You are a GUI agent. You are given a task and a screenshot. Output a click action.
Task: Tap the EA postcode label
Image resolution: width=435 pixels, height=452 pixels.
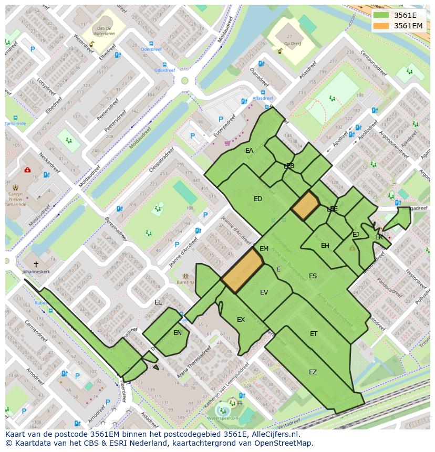pos(249,151)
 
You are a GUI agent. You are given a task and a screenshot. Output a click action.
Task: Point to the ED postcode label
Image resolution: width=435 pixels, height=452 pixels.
pos(258,199)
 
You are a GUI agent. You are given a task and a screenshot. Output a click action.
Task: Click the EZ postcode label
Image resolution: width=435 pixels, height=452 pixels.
pos(313,372)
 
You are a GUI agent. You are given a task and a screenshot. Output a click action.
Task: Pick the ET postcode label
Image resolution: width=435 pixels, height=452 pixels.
pos(314,334)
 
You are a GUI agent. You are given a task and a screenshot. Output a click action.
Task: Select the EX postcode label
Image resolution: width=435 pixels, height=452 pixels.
pos(241,320)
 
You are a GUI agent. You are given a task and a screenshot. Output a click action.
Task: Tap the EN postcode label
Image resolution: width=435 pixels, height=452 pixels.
pos(178,332)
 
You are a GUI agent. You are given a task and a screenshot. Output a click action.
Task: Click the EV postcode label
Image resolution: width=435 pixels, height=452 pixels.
pos(264,292)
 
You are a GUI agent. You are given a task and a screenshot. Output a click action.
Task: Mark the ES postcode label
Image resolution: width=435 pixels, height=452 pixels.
pos(313,276)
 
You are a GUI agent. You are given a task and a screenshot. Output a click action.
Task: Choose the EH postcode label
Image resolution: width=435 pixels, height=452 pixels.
pos(325,246)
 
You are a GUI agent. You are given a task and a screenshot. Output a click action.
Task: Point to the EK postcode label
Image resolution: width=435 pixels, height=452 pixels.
pos(379,237)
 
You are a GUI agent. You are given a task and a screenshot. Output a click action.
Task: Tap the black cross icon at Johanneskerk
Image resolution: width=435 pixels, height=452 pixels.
pos(36,264)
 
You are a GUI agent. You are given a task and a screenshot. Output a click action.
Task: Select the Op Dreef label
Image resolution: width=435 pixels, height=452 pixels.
pos(292,44)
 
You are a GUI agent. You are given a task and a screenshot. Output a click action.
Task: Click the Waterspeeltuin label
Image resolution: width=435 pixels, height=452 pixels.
pos(223,418)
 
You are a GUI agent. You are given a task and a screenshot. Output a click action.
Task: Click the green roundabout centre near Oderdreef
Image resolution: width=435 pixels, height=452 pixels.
pos(184,81)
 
